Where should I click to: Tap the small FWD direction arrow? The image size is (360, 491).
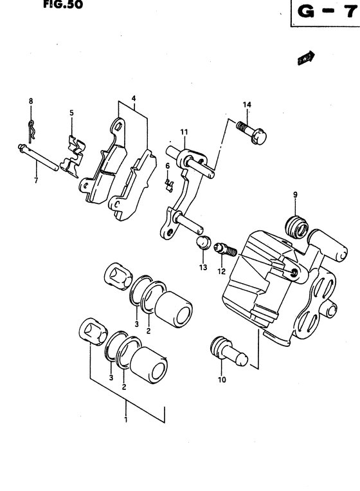[304, 59]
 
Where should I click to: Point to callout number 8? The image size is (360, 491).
[30, 101]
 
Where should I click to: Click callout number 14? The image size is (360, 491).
[246, 104]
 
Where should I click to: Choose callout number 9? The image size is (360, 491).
[295, 194]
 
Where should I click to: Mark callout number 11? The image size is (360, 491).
[184, 133]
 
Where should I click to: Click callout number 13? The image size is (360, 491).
[203, 267]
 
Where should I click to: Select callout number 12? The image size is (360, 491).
[221, 270]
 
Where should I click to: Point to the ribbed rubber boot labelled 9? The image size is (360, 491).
[296, 227]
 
